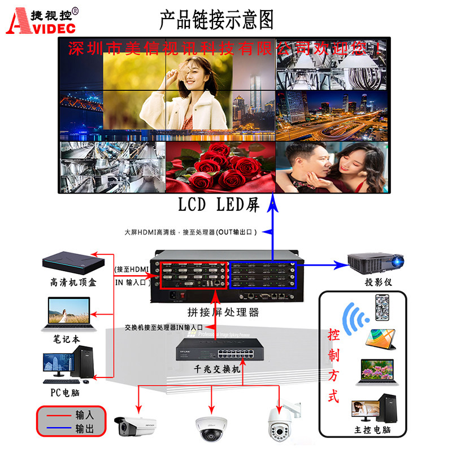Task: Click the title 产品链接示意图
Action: (216, 20)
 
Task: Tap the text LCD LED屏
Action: (219, 205)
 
